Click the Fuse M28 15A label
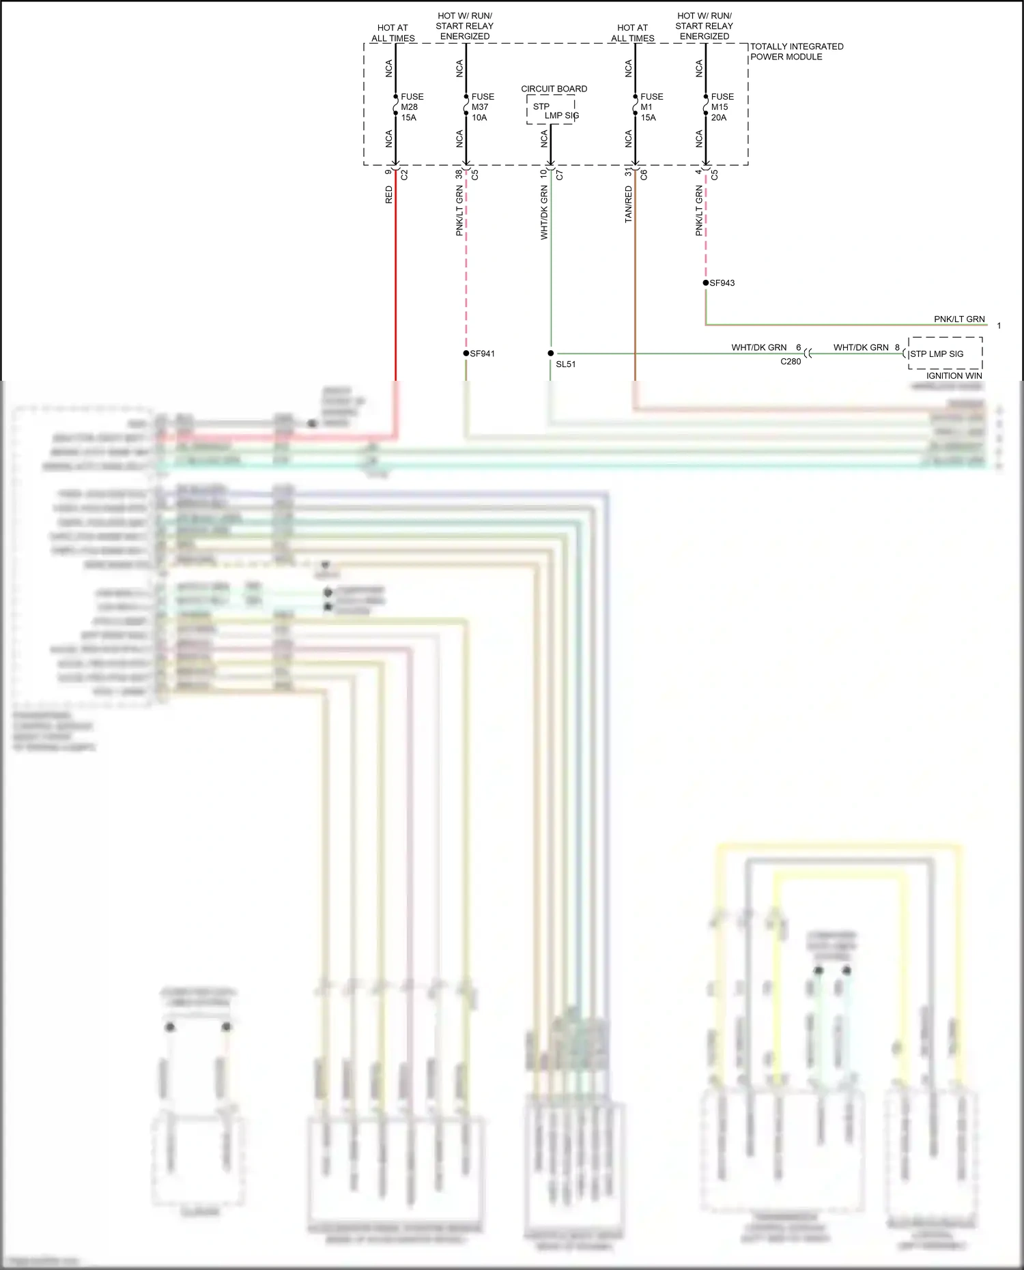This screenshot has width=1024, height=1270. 412,107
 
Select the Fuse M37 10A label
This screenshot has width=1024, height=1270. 482,107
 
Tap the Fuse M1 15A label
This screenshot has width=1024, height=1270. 651,107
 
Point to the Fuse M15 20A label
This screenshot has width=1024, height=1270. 722,107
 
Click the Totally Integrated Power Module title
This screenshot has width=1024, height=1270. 796,52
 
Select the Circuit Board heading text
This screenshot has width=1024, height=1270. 554,89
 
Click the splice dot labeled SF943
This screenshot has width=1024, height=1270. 706,283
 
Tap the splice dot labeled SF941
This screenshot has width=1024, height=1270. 466,353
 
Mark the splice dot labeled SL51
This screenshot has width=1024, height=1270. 551,353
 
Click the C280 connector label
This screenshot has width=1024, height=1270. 791,362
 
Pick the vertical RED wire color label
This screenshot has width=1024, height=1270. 389,195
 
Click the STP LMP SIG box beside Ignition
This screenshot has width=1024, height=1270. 945,353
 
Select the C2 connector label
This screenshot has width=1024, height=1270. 404,175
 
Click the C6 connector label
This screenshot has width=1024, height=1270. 644,175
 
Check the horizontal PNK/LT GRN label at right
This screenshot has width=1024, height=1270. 959,319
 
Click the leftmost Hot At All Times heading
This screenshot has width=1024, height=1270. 393,33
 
